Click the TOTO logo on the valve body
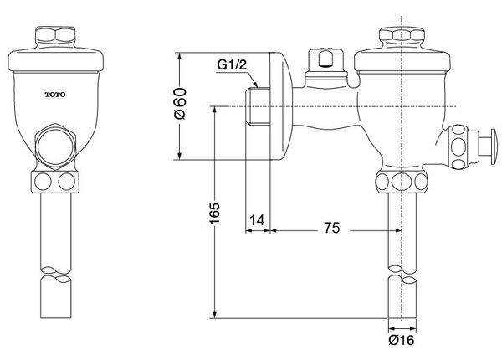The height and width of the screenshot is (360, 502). (x=55, y=95)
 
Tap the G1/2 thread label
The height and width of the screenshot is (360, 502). (x=232, y=65)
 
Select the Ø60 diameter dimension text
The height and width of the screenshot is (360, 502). (x=181, y=103)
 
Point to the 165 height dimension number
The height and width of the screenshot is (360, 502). (x=215, y=213)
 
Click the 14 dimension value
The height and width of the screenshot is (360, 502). (x=258, y=220)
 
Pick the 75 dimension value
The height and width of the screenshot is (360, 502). (x=331, y=228)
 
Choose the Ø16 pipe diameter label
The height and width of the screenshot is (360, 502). (x=402, y=340)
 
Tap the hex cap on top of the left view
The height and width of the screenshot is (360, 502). (x=55, y=35)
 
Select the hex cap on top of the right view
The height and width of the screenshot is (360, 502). (x=402, y=35)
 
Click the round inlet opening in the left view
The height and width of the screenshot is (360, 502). (x=56, y=146)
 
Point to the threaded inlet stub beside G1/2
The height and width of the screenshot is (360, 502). (x=258, y=106)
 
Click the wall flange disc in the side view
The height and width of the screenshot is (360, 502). (x=282, y=106)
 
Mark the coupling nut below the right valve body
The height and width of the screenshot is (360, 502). (x=402, y=182)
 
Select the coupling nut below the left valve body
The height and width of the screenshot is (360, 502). (x=55, y=182)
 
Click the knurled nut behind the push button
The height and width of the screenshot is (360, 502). (x=458, y=147)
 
